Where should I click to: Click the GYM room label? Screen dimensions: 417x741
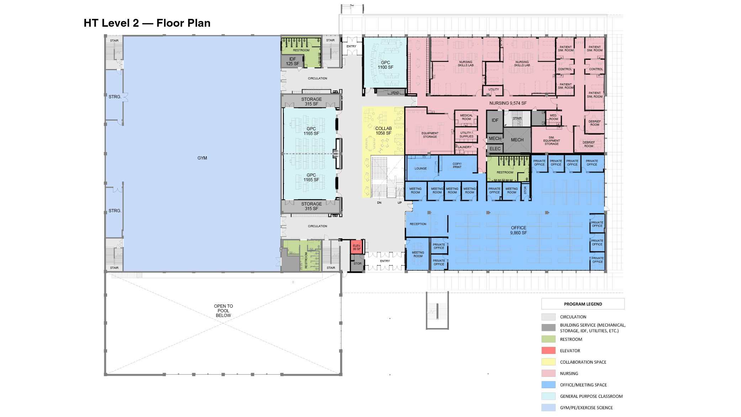pyautogui.click(x=202, y=158)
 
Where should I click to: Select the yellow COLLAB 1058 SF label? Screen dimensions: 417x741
pyautogui.click(x=383, y=131)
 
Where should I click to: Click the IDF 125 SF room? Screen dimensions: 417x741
pyautogui.click(x=292, y=61)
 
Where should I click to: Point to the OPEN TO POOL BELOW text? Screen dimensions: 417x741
pyautogui.click(x=223, y=311)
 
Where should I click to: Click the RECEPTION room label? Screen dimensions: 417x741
pyautogui.click(x=418, y=224)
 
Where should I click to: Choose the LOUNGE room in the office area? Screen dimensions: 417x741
pyautogui.click(x=420, y=168)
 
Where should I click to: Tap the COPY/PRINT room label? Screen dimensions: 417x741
pyautogui.click(x=457, y=166)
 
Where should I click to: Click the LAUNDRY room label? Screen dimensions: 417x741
pyautogui.click(x=465, y=147)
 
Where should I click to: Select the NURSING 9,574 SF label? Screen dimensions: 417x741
pyautogui.click(x=508, y=103)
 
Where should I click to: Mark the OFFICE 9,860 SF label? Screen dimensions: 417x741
pyautogui.click(x=518, y=230)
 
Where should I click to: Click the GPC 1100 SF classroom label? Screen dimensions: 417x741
pyautogui.click(x=385, y=65)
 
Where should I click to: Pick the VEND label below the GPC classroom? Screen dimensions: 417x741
pyautogui.click(x=395, y=93)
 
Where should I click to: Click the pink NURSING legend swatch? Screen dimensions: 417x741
pyautogui.click(x=548, y=373)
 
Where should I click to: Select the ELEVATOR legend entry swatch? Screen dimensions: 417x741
pyautogui.click(x=548, y=350)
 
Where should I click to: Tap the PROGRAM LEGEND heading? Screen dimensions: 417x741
pyautogui.click(x=583, y=304)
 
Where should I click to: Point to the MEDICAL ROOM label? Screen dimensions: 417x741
pyautogui.click(x=466, y=117)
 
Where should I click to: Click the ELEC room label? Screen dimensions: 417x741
pyautogui.click(x=495, y=149)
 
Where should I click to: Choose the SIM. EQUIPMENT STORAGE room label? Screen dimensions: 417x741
pyautogui.click(x=551, y=141)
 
